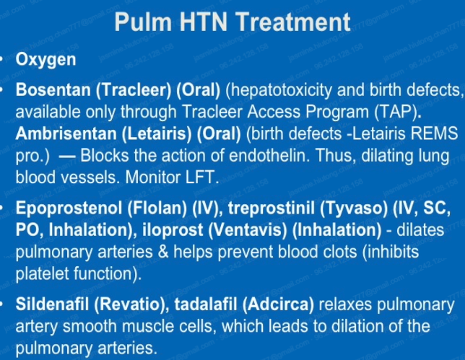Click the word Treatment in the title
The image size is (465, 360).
tap(294, 22)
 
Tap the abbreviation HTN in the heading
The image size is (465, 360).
tap(204, 22)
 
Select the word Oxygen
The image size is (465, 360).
tap(45, 60)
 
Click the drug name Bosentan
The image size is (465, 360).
tap(53, 89)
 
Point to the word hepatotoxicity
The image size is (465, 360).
tap(279, 90)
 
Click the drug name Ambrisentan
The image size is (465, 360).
tap(66, 133)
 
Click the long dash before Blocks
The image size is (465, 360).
tap(67, 157)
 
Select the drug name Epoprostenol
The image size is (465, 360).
tap(69, 208)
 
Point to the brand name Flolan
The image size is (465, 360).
tap(157, 208)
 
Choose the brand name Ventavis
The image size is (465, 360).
tap(248, 230)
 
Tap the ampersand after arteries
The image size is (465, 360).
tap(162, 252)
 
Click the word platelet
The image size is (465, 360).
tap(42, 273)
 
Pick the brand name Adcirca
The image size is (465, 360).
tap(278, 304)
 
